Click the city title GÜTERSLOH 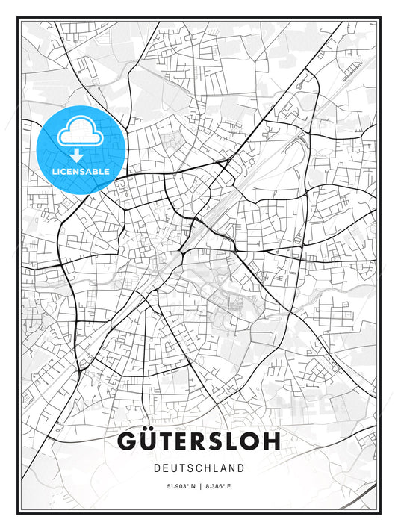pos(199,441)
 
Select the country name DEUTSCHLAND pos(199,468)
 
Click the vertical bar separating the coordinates pos(199,487)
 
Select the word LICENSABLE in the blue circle pos(81,171)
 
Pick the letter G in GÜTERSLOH pos(128,441)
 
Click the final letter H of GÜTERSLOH pos(270,441)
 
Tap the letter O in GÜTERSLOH pos(251,441)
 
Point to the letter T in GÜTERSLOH pos(165,441)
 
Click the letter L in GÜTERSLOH pos(233,441)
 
